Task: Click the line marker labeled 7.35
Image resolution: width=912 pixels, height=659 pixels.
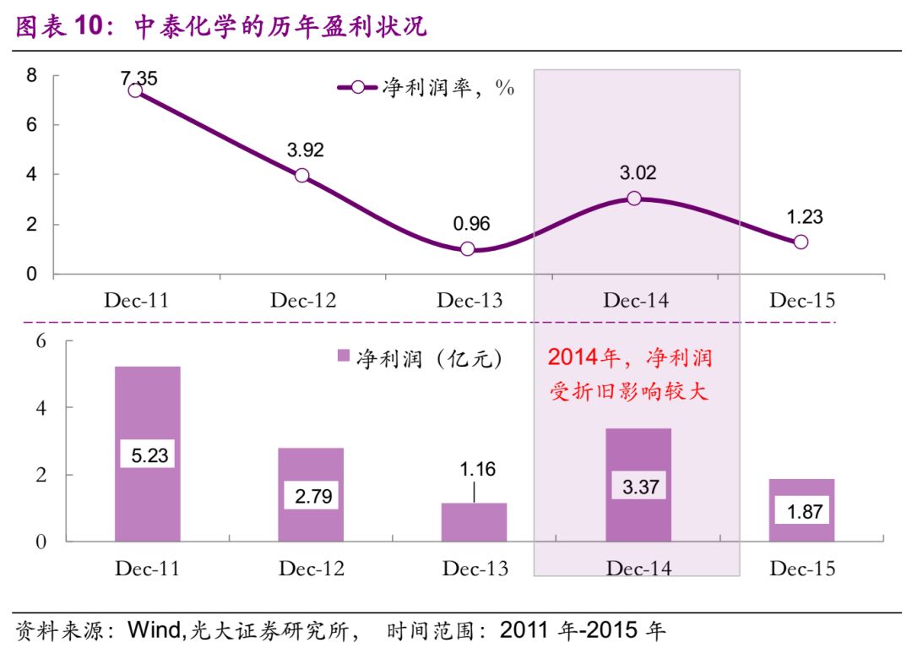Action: coord(135,90)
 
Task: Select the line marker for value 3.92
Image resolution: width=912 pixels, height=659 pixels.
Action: coord(301,176)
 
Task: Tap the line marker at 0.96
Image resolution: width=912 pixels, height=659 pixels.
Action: coord(468,249)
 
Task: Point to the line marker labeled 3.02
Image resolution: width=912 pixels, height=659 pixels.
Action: coord(634,199)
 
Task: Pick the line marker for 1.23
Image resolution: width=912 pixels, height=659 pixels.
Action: coord(801,242)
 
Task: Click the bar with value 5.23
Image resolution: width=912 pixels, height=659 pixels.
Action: coord(148,454)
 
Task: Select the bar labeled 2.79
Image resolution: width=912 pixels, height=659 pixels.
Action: coord(312,494)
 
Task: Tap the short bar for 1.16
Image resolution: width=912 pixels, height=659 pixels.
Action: coord(474,522)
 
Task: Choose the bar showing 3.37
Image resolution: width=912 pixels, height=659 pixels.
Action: coord(638,485)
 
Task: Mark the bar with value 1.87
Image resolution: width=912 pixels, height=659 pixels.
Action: coord(802,509)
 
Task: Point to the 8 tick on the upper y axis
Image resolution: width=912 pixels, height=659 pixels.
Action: coord(32,75)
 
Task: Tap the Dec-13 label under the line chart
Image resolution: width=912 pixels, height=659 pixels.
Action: coord(469,301)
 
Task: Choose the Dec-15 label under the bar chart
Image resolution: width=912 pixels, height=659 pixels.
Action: coord(802,569)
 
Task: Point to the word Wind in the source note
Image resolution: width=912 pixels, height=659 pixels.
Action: coord(153,630)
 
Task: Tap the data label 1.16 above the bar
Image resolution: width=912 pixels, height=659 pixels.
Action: coord(474,470)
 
